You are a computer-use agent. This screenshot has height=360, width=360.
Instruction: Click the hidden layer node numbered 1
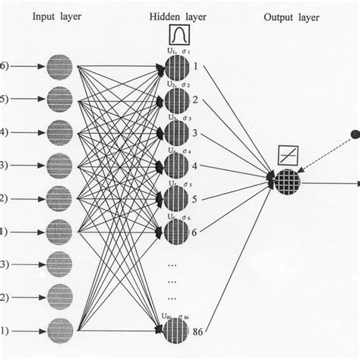(176, 68)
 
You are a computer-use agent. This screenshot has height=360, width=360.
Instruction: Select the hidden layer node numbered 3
(176, 134)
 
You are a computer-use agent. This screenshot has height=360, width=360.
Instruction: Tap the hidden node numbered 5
(176, 200)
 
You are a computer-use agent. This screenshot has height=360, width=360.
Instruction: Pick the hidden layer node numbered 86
(176, 329)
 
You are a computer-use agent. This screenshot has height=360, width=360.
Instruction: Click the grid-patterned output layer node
(289, 181)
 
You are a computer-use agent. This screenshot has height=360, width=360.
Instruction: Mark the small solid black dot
(353, 136)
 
